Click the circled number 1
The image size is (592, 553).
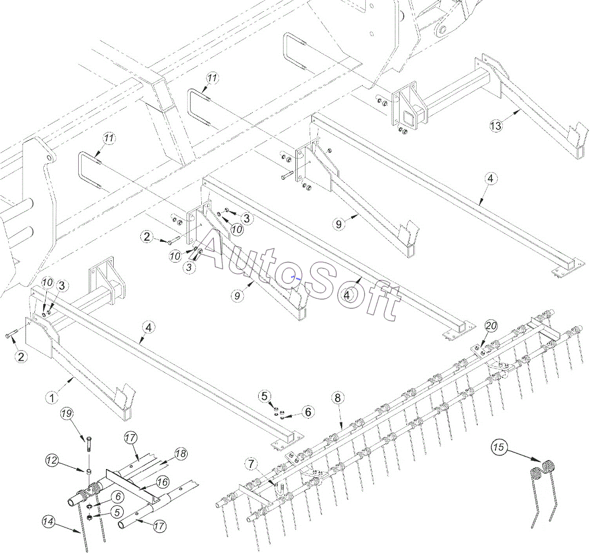(52, 397)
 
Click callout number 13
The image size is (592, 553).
(496, 125)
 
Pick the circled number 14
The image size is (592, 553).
(49, 521)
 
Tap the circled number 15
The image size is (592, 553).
(498, 447)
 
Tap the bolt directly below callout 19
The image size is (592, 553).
(88, 442)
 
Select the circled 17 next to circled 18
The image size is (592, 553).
(131, 438)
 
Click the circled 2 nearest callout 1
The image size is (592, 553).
(21, 356)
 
